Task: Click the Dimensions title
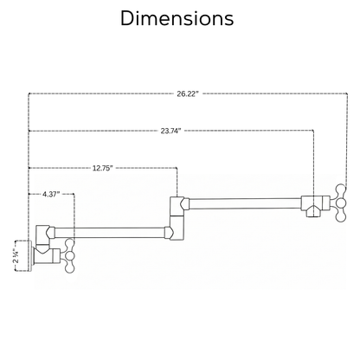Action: (177, 18)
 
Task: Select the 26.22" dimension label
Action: (188, 94)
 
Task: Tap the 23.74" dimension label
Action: (170, 131)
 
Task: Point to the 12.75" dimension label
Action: (102, 168)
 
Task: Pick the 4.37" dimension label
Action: (51, 194)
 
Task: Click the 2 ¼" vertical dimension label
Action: (16, 256)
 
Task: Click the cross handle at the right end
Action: (341, 203)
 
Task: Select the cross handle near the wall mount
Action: (69, 255)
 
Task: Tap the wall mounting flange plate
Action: (30, 256)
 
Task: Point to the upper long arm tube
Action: (245, 203)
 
